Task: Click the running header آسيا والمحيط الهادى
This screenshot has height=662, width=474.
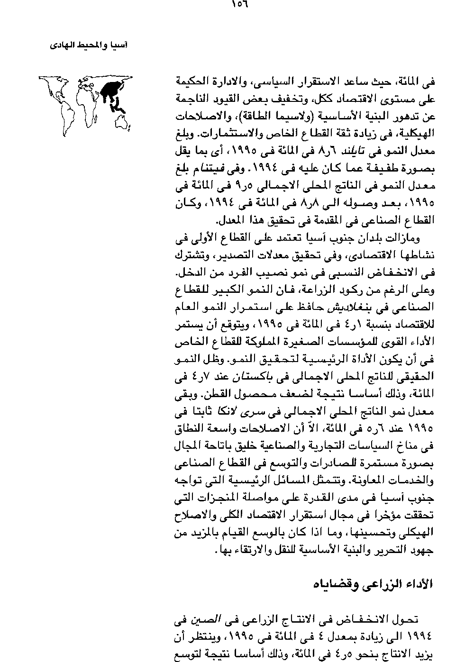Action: coord(89,45)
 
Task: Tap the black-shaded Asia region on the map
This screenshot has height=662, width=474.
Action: coord(110,90)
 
